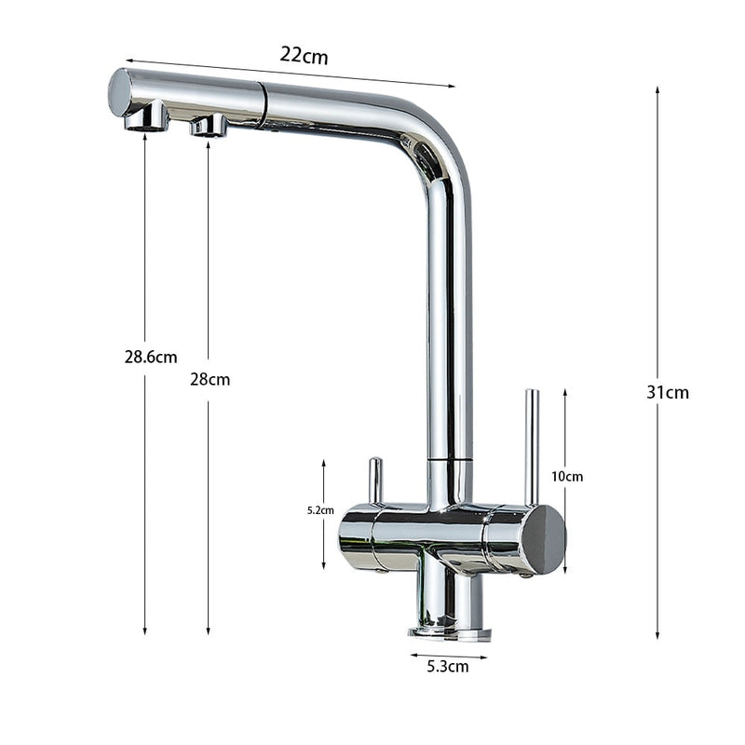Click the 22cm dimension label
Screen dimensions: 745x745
(304, 55)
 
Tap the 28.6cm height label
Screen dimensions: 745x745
(151, 357)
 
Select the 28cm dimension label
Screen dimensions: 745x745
(210, 379)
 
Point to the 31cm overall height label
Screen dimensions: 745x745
(668, 392)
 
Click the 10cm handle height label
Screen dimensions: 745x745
(567, 476)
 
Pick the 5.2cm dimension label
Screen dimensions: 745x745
(320, 509)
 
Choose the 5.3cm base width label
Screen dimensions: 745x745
(447, 666)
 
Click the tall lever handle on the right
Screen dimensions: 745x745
(532, 447)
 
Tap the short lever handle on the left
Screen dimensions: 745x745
(374, 481)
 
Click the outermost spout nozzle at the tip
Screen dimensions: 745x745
(146, 118)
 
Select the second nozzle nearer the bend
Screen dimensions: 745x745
(209, 126)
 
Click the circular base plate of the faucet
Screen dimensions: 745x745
(450, 632)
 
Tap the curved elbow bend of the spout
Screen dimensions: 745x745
(438, 149)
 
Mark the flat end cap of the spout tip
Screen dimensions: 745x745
(118, 92)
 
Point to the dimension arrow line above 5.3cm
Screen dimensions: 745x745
(449, 655)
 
